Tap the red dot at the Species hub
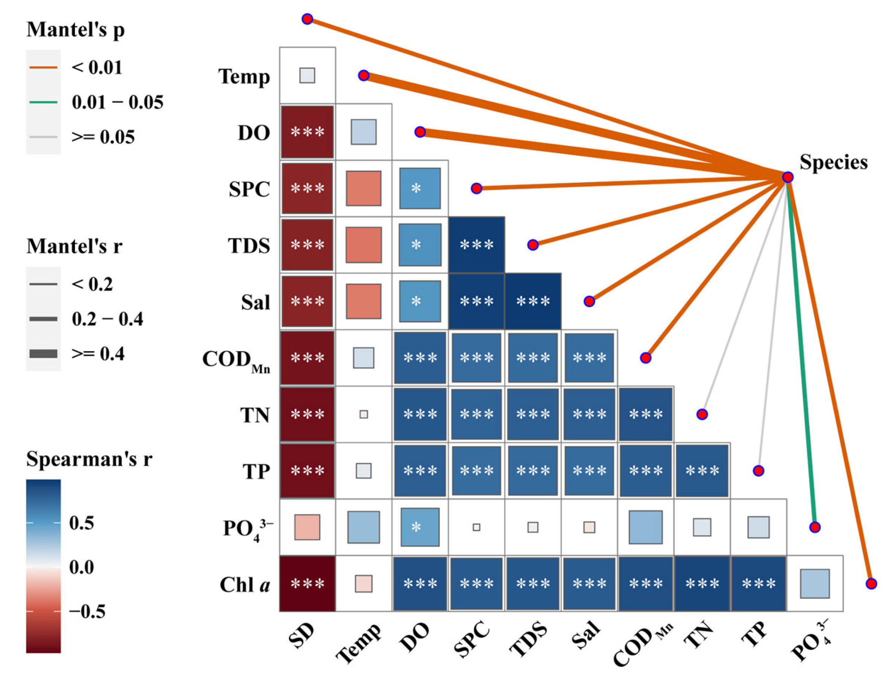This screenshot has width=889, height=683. (787, 177)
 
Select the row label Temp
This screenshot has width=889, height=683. (244, 77)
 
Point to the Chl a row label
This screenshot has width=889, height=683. (244, 585)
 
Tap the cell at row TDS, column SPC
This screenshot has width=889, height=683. (477, 244)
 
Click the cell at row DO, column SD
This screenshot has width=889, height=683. (307, 132)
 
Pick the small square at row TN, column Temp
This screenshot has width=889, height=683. (364, 414)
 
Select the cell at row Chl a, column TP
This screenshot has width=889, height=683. (758, 584)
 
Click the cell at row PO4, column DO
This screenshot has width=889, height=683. (420, 527)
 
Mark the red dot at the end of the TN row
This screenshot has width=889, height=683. (702, 414)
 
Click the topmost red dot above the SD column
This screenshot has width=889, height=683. (307, 19)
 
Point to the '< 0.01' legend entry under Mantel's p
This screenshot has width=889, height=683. (97, 67)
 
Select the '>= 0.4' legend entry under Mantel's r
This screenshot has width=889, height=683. (98, 354)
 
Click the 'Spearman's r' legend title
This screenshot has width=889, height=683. (89, 459)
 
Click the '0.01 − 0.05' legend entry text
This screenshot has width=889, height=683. (118, 102)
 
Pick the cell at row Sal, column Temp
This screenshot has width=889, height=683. (364, 301)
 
